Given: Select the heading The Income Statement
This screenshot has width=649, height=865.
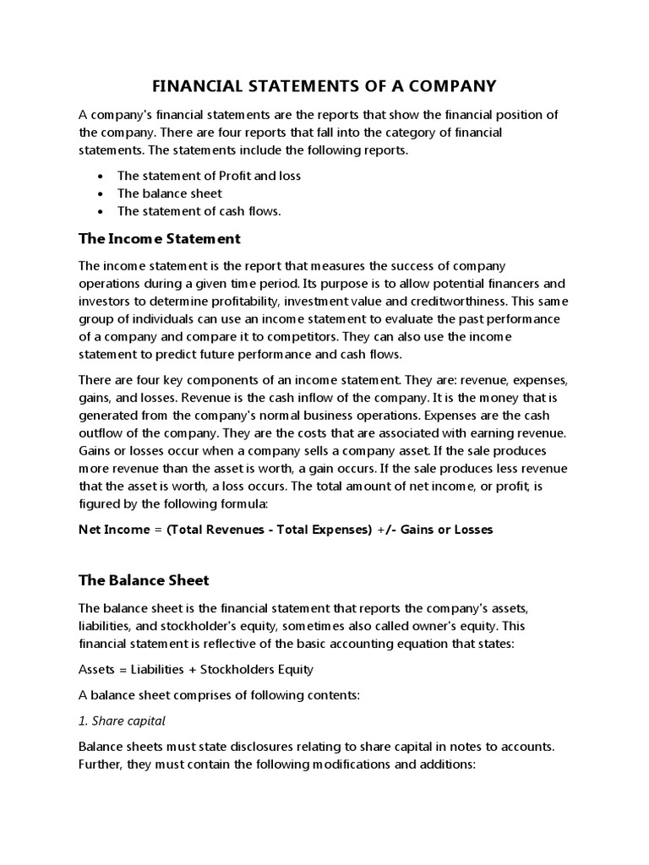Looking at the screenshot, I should point(160,238).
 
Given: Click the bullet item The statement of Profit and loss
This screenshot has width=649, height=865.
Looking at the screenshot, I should point(209,176).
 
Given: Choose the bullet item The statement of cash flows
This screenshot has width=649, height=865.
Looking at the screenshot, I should point(199,211).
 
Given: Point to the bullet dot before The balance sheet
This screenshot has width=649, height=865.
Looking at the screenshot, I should point(100,193).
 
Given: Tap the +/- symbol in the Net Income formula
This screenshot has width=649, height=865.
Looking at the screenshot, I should point(384,529).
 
